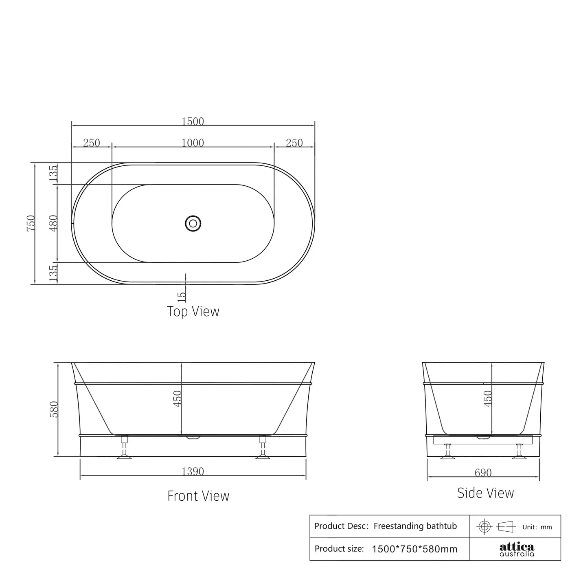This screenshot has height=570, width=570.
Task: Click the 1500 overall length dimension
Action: pos(193,121)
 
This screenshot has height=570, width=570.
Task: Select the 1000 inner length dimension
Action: pos(193,143)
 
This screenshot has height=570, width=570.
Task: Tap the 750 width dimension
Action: pos(31,223)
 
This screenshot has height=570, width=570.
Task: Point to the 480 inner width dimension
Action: pos(53,223)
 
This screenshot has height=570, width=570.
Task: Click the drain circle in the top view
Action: pos(193,223)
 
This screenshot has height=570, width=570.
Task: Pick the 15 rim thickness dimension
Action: pos(182,295)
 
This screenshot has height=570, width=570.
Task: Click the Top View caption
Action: pos(193,312)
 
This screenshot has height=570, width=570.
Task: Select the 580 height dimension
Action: pos(54,409)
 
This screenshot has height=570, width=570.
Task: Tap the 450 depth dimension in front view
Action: pos(177,398)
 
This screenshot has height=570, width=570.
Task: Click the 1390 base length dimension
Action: pos(193,471)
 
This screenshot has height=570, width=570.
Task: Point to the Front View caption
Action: pos(198,496)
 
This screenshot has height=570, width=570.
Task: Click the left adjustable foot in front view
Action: pos(124,448)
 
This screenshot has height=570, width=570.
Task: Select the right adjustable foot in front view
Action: pos(263,448)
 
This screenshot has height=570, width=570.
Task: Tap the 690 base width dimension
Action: pos(483,473)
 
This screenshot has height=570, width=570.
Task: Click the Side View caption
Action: pos(485,493)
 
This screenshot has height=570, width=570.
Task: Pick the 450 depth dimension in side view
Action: pos(488,398)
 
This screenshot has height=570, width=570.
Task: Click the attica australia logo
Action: pos(517,549)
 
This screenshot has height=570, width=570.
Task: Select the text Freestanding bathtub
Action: pos(415,526)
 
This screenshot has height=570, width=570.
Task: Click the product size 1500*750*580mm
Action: pos(414,549)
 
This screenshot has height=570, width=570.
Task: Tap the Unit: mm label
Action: pos(537,527)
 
